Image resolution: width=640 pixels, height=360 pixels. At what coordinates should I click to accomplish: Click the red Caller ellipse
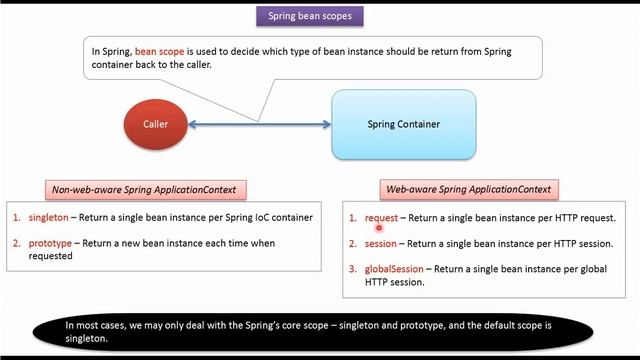click(155, 124)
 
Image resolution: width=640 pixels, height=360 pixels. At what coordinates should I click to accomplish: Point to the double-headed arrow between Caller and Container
click(260, 124)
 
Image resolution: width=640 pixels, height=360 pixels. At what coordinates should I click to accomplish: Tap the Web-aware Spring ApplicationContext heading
click(469, 189)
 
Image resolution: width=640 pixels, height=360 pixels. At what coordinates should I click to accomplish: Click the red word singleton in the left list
click(49, 217)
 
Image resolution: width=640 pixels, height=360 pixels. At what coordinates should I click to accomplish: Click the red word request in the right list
click(381, 218)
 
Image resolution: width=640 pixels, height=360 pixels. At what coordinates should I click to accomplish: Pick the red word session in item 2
click(381, 243)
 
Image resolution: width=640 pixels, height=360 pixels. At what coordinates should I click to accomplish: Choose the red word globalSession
click(395, 269)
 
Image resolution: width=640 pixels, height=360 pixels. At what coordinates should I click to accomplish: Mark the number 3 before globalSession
click(352, 269)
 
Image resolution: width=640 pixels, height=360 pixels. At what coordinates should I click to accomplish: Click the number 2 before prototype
click(16, 243)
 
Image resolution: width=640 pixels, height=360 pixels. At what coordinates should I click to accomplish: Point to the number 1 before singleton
click(16, 217)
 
